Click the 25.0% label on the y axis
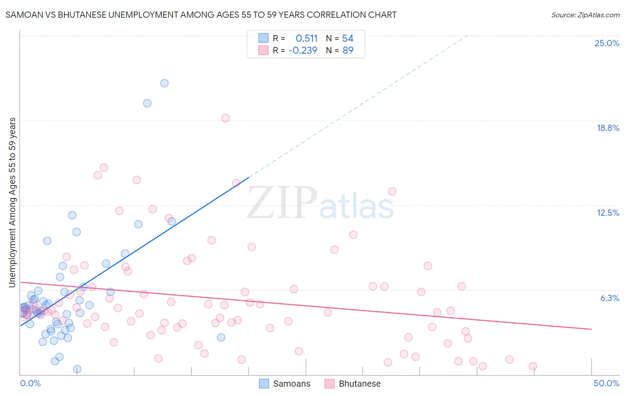(x=607, y=43)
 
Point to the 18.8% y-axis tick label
(x=608, y=128)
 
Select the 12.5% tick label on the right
(x=608, y=213)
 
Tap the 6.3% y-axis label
(x=609, y=298)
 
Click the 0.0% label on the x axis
(x=30, y=383)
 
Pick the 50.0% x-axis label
(x=606, y=383)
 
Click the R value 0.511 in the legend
(x=307, y=38)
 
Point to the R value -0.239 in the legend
(x=303, y=50)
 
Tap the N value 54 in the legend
(x=348, y=38)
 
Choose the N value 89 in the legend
(x=348, y=50)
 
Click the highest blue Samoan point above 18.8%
(x=164, y=83)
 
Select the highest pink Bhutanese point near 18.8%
(x=225, y=118)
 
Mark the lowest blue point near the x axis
(x=77, y=369)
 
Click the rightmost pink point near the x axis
(x=533, y=366)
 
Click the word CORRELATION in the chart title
(x=317, y=15)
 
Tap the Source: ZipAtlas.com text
(x=585, y=15)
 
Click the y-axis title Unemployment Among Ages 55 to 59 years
(x=12, y=202)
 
